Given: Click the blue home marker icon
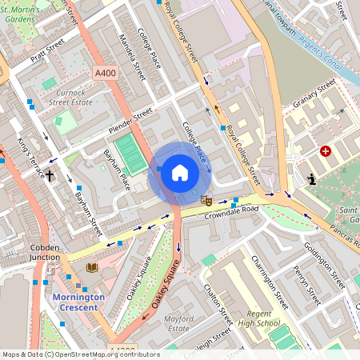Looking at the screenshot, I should (x=180, y=172).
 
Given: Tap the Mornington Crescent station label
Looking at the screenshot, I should (x=78, y=302).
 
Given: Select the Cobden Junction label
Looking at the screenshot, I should (x=45, y=253).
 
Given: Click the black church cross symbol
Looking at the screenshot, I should (x=50, y=174).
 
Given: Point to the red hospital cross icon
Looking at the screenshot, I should (x=326, y=151).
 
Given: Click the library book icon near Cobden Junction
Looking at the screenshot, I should (x=92, y=267).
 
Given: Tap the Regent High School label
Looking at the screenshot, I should (x=264, y=319).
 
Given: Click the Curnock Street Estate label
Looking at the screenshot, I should (x=73, y=98).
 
